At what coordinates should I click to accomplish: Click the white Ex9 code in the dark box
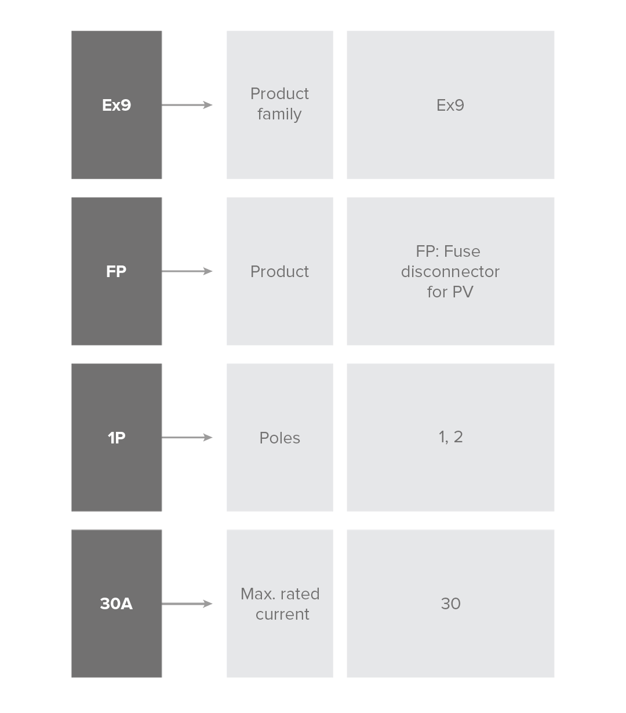point(116,105)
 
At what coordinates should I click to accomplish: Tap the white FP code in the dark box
point(116,271)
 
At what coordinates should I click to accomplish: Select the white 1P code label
point(117,438)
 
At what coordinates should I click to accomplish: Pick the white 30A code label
point(116,604)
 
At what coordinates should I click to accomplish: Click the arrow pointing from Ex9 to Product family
point(187,105)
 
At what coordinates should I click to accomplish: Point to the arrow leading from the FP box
point(187,271)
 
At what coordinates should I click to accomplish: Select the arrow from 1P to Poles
point(187,438)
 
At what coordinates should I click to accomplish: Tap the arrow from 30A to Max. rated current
point(187,604)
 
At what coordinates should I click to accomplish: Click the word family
point(279,114)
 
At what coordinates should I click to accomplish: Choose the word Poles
point(280,438)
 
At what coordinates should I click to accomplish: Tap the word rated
point(300,594)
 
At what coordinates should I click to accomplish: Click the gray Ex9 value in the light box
point(450,105)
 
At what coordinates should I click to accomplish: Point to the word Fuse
point(462,251)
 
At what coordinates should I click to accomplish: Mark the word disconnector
point(450,272)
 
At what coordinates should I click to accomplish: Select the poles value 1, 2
point(451,437)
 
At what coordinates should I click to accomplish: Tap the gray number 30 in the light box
point(451,604)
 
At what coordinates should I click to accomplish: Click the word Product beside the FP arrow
point(280,271)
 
